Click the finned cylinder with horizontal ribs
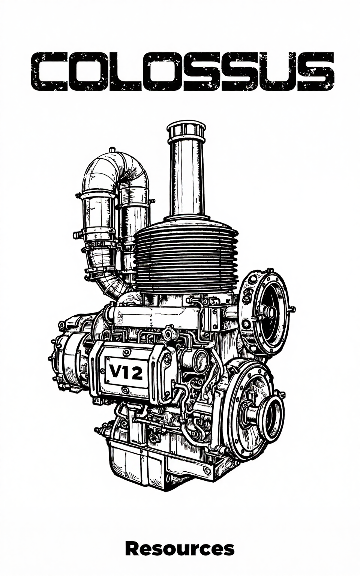(x=186, y=257)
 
